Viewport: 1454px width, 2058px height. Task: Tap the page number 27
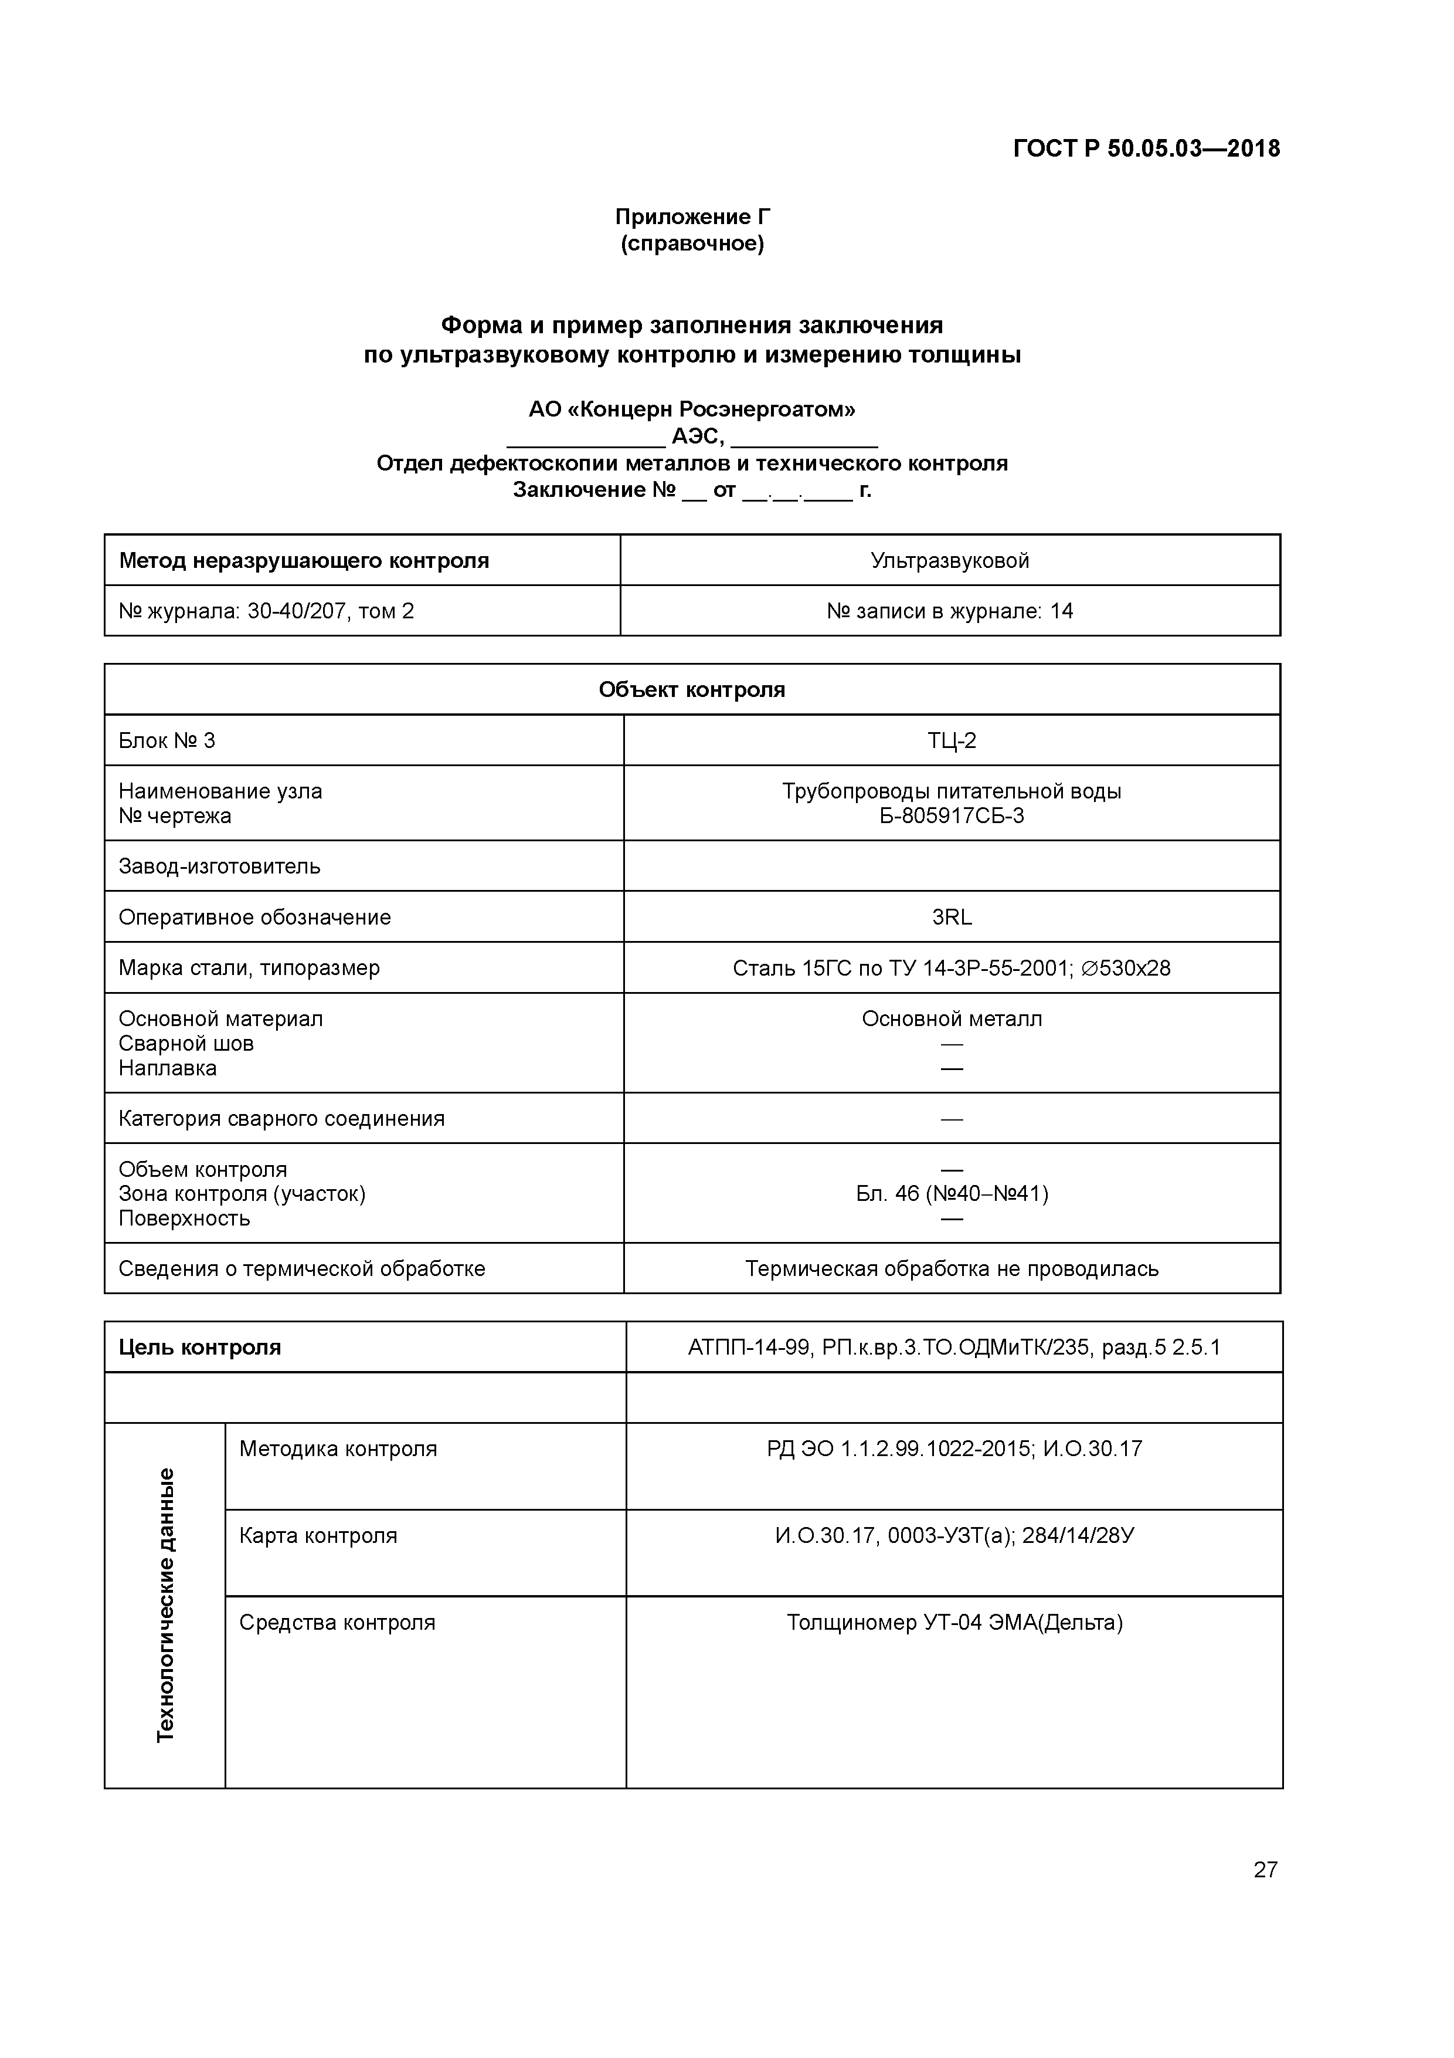[1265, 1869]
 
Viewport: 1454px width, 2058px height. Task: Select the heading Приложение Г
[692, 217]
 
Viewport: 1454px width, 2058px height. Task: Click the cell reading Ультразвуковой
[950, 561]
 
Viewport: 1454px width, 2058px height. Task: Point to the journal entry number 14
[1062, 611]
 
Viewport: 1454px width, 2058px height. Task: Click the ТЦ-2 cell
[952, 740]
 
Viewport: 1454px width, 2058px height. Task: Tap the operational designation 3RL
[952, 917]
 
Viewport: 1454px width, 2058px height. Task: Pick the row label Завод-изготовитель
[219, 866]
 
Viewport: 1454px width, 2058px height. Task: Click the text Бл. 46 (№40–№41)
[952, 1194]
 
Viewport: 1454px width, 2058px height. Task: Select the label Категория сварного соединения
[281, 1119]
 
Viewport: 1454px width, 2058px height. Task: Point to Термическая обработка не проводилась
[952, 1269]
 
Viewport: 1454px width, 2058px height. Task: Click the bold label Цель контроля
[200, 1347]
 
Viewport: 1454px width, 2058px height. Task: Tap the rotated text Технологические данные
[166, 1605]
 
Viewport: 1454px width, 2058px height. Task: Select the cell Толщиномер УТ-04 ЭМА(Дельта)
[954, 1622]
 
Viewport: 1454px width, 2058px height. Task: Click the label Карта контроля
[318, 1535]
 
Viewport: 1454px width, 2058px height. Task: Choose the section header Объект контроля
[692, 689]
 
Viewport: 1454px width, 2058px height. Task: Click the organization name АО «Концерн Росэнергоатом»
[692, 409]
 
